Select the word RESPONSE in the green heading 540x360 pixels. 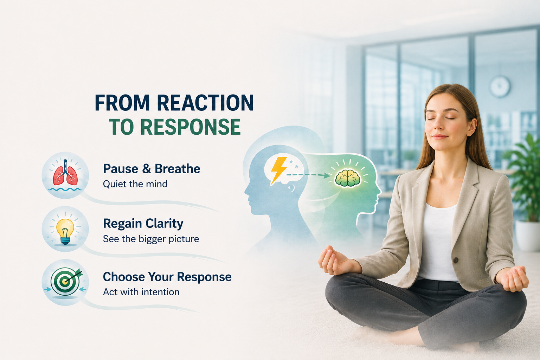tap(191, 127)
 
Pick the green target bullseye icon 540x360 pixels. tap(65, 281)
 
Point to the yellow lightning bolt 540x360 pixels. tap(279, 171)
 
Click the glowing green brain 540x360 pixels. tap(348, 178)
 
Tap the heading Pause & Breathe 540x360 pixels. tap(152, 168)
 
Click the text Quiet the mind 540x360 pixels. tap(135, 184)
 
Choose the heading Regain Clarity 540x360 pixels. tap(143, 224)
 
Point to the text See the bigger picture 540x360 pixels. tap(151, 239)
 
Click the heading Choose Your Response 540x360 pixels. tap(167, 277)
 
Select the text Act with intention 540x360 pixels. tap(141, 292)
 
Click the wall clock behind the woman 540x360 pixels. tap(499, 86)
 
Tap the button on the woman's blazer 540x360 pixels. tap(455, 260)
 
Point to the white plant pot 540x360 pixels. tap(528, 235)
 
